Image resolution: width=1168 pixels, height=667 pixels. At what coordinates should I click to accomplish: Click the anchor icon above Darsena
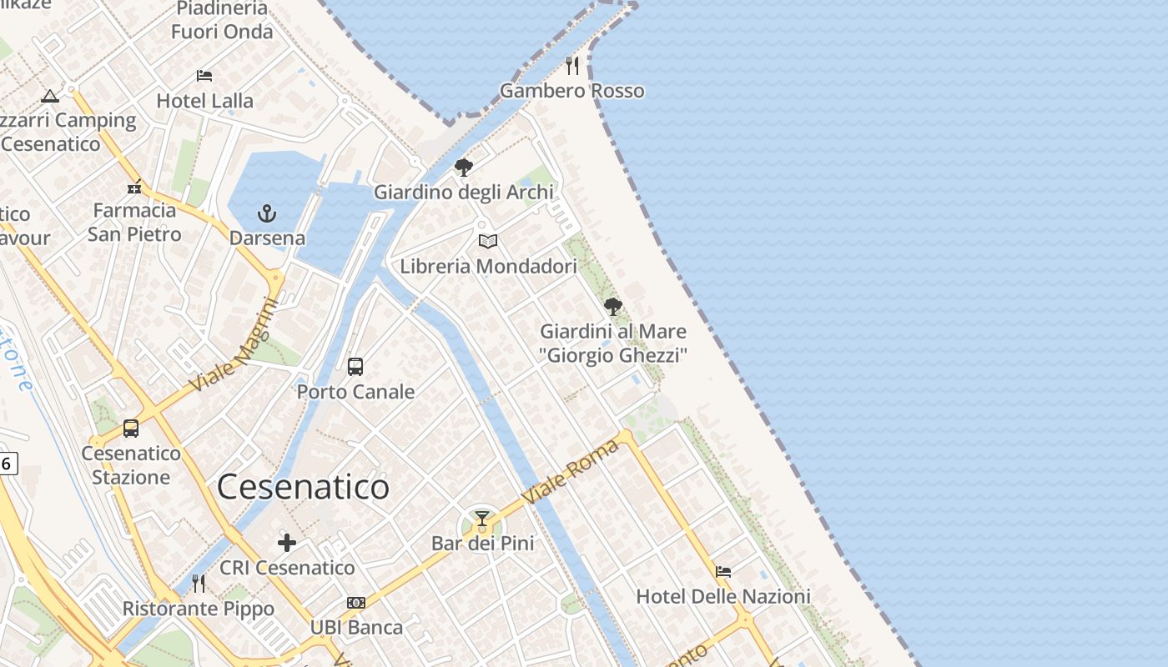[x=266, y=213]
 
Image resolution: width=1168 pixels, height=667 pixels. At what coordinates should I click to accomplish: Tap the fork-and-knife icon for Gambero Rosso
[x=572, y=66]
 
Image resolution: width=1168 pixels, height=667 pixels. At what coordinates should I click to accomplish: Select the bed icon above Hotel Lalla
[x=204, y=76]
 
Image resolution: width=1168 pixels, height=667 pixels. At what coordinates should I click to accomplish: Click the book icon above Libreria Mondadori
[x=488, y=242]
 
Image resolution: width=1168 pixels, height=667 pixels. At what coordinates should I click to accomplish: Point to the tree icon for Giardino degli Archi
[x=464, y=168]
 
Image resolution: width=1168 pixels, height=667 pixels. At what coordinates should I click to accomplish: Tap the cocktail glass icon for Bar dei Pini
[x=482, y=519]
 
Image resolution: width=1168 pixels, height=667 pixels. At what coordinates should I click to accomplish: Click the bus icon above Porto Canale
[x=355, y=366]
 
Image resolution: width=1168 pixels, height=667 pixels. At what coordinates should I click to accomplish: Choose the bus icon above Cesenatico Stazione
[x=131, y=429]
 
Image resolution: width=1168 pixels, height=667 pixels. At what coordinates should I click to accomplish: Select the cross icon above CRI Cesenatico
[x=287, y=544]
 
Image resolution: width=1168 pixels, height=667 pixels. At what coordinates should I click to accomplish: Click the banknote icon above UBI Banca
[x=356, y=603]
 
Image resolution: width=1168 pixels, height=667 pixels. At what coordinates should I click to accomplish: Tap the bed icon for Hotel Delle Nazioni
[x=723, y=572]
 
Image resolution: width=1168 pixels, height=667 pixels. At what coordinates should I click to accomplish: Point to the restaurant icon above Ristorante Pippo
[x=199, y=584]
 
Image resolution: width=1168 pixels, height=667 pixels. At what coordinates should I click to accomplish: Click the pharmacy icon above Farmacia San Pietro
[x=134, y=187]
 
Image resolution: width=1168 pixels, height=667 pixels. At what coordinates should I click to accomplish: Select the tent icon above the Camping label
[x=50, y=96]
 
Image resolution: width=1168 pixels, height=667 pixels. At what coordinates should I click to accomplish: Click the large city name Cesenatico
[x=303, y=488]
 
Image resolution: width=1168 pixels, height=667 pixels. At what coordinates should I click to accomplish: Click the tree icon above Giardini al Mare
[x=613, y=307]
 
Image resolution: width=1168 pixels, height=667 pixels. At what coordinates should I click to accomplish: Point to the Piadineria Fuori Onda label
[x=222, y=21]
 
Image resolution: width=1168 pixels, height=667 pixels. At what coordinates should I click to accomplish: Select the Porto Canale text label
[x=355, y=392]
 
